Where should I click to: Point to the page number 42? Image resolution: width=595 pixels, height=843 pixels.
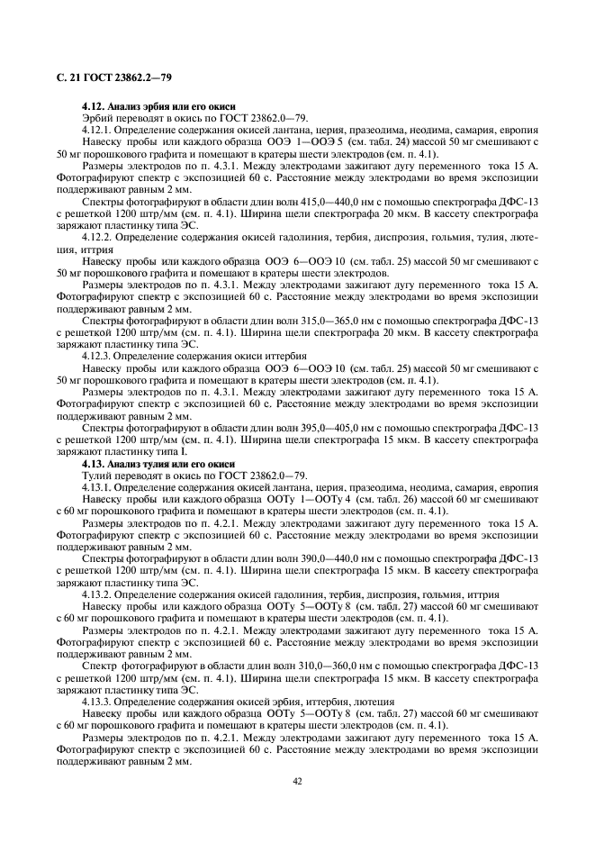tap(297, 781)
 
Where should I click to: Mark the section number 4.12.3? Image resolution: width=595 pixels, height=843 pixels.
tap(97, 356)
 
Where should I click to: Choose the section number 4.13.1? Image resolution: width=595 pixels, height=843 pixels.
tap(97, 487)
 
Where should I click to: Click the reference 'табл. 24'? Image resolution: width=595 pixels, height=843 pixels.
tap(379, 142)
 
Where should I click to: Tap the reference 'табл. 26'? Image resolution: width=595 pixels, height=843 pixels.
tap(382, 499)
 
